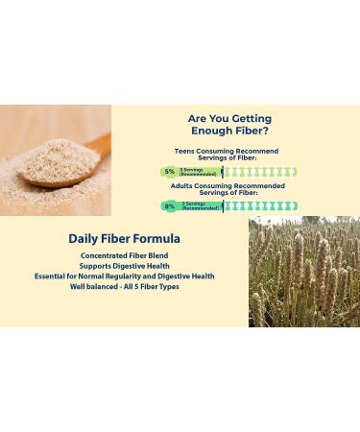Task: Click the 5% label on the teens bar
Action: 169,172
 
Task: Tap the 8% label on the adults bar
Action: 169,205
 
